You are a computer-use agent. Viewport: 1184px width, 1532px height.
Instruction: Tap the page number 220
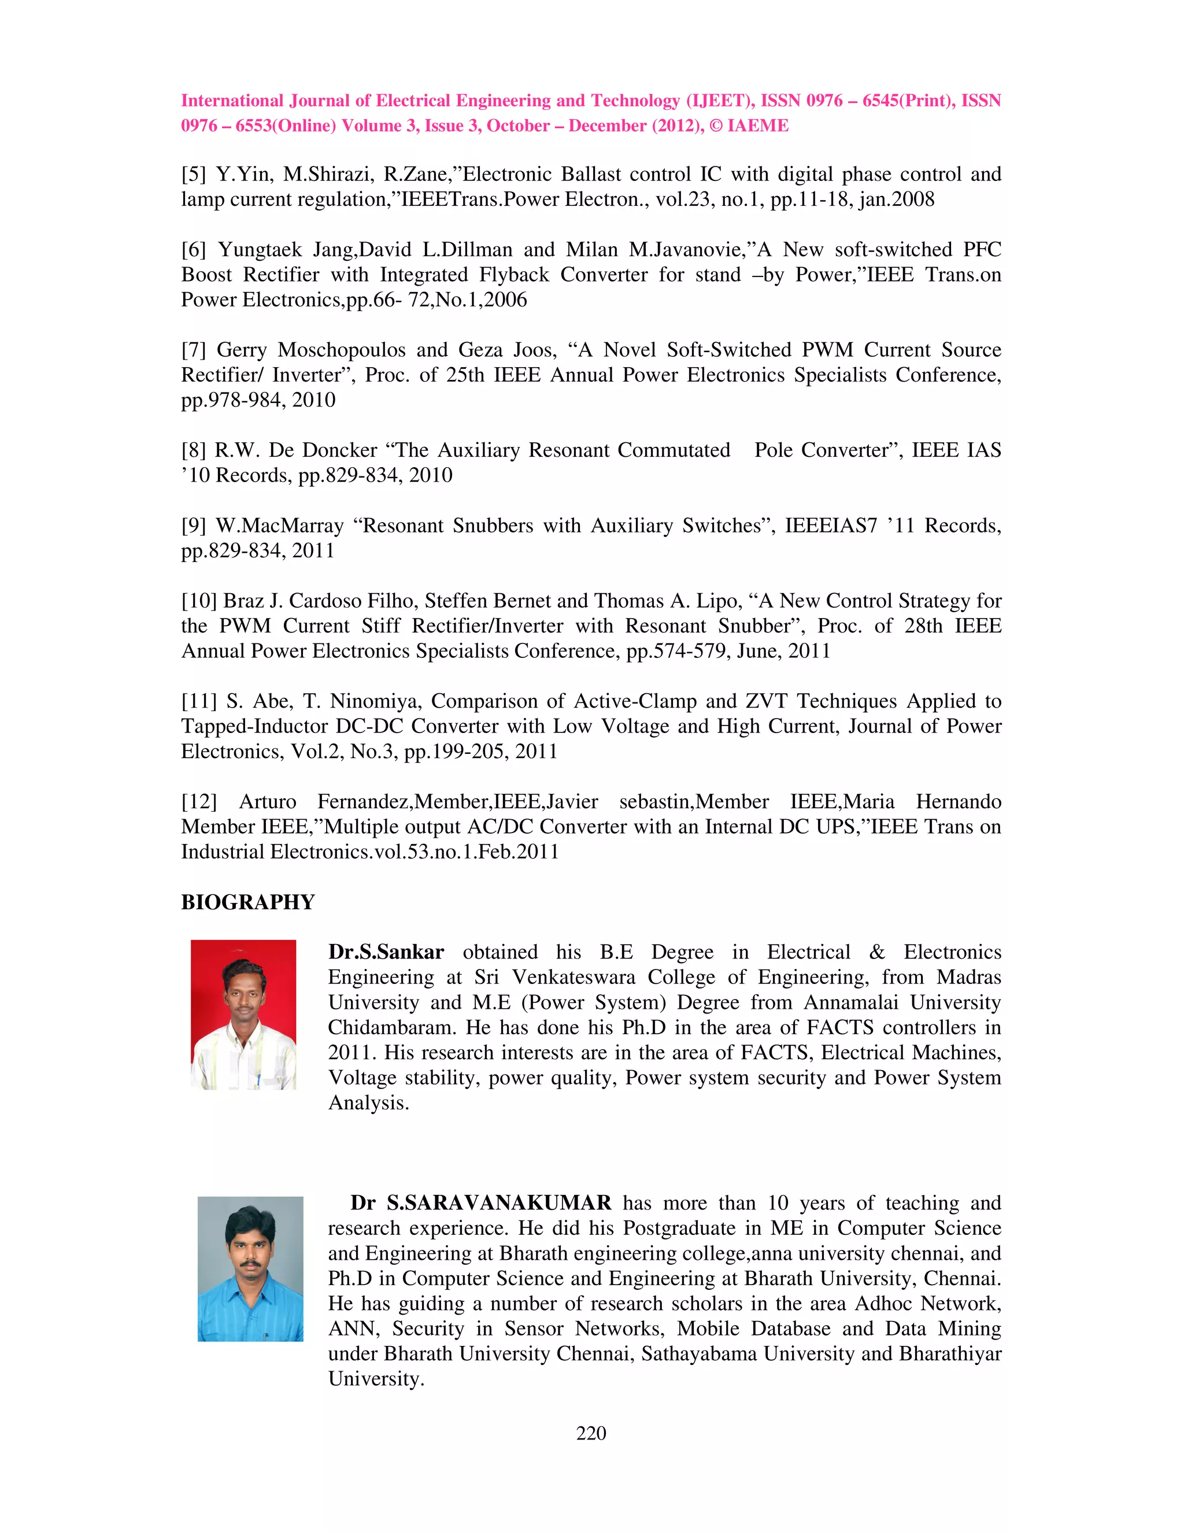click(x=591, y=1433)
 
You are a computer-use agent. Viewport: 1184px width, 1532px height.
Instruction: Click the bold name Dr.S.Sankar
click(x=386, y=953)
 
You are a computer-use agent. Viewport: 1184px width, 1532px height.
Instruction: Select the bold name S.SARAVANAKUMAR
click(x=499, y=1203)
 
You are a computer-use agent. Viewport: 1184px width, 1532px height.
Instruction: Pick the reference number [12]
click(x=199, y=802)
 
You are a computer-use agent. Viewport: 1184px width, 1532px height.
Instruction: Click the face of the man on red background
click(x=242, y=993)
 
